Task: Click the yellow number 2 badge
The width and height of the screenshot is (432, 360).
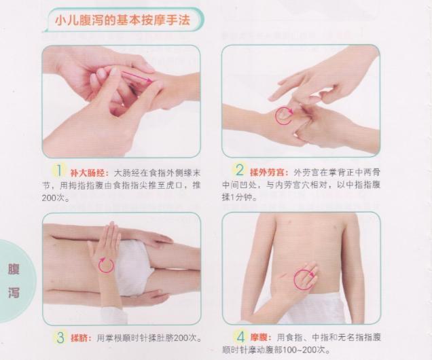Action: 240,170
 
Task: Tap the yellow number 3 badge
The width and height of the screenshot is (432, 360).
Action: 59,336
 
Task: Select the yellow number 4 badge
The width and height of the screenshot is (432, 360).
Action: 240,336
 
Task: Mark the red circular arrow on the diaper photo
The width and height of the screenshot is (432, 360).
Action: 106,264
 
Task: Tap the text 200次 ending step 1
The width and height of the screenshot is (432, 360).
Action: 61,198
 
